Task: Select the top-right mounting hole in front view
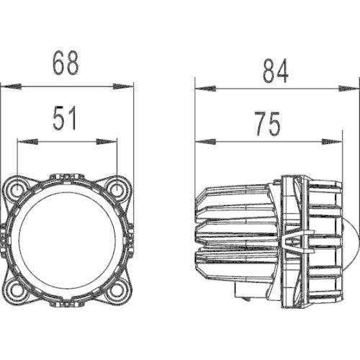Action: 117,188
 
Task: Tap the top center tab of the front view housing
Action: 66,177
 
